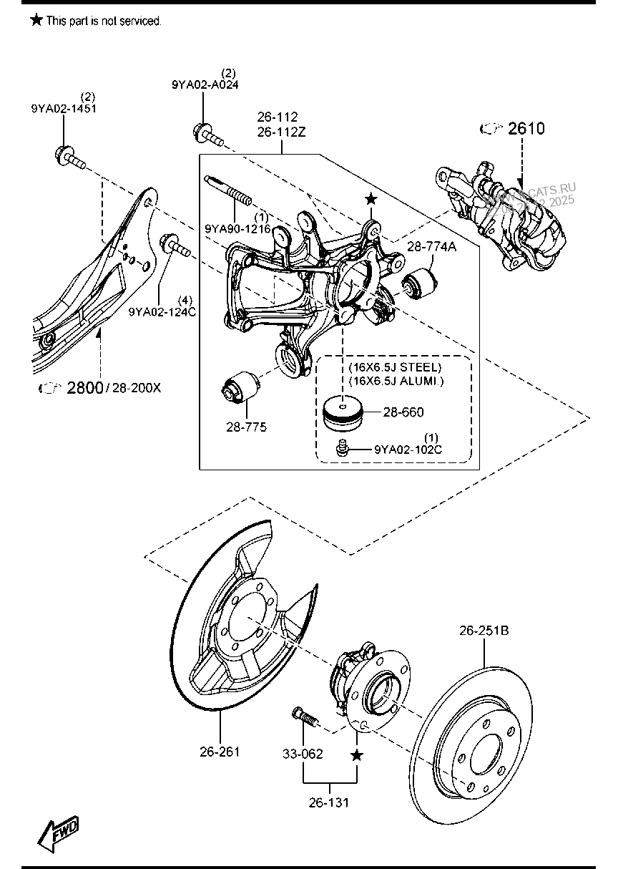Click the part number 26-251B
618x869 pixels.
click(x=484, y=631)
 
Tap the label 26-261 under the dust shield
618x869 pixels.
click(x=220, y=752)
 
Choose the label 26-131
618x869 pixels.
click(x=329, y=802)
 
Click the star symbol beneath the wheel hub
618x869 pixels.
click(x=357, y=755)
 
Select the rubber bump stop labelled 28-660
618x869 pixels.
click(x=343, y=414)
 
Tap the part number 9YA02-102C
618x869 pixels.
click(x=408, y=450)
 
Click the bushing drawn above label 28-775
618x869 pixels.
click(x=240, y=387)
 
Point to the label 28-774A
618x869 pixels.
click(x=431, y=247)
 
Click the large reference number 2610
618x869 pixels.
click(x=526, y=129)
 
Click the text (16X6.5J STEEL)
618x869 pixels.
click(x=396, y=367)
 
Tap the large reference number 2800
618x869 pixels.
click(x=85, y=388)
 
